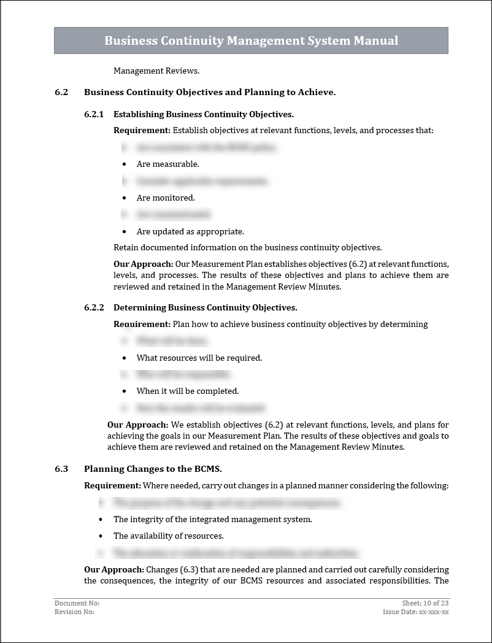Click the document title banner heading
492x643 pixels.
coord(251,40)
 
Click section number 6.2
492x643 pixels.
coord(61,92)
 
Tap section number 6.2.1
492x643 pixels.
coord(94,114)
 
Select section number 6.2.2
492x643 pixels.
coord(94,307)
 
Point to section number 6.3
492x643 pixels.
coord(61,469)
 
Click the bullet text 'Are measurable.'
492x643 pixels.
coord(167,164)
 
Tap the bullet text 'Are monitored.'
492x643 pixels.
coord(166,198)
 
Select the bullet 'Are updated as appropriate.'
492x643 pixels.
coord(190,231)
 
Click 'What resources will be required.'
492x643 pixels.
coord(199,358)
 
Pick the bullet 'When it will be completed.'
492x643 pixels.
coord(187,391)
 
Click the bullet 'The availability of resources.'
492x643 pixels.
coord(168,536)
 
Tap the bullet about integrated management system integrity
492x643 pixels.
coord(212,519)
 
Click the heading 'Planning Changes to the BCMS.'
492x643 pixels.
coord(153,469)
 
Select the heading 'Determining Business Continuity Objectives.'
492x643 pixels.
coord(205,307)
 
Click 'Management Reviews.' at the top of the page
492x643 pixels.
coord(156,71)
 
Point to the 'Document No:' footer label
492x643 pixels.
coord(77,603)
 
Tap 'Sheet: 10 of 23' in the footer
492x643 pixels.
coord(426,603)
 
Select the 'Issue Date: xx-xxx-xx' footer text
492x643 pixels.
coord(416,612)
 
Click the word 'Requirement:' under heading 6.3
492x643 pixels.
coord(112,485)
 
